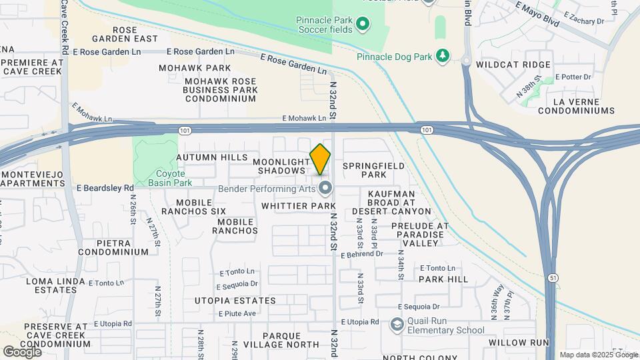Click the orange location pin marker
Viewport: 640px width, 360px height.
320,159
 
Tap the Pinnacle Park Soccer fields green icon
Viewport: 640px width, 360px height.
363,25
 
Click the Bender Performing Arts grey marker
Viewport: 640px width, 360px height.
325,189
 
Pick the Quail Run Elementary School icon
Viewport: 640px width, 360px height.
397,325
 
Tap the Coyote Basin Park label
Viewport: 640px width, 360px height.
169,177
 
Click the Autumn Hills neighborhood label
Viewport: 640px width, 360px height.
211,157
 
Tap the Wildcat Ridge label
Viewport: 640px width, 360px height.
513,65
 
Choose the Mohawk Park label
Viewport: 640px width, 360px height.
195,68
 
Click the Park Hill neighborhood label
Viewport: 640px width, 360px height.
443,279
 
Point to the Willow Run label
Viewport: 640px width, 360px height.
518,343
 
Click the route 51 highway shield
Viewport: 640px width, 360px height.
553,277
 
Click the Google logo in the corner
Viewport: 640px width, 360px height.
23,351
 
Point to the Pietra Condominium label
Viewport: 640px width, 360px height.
113,247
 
